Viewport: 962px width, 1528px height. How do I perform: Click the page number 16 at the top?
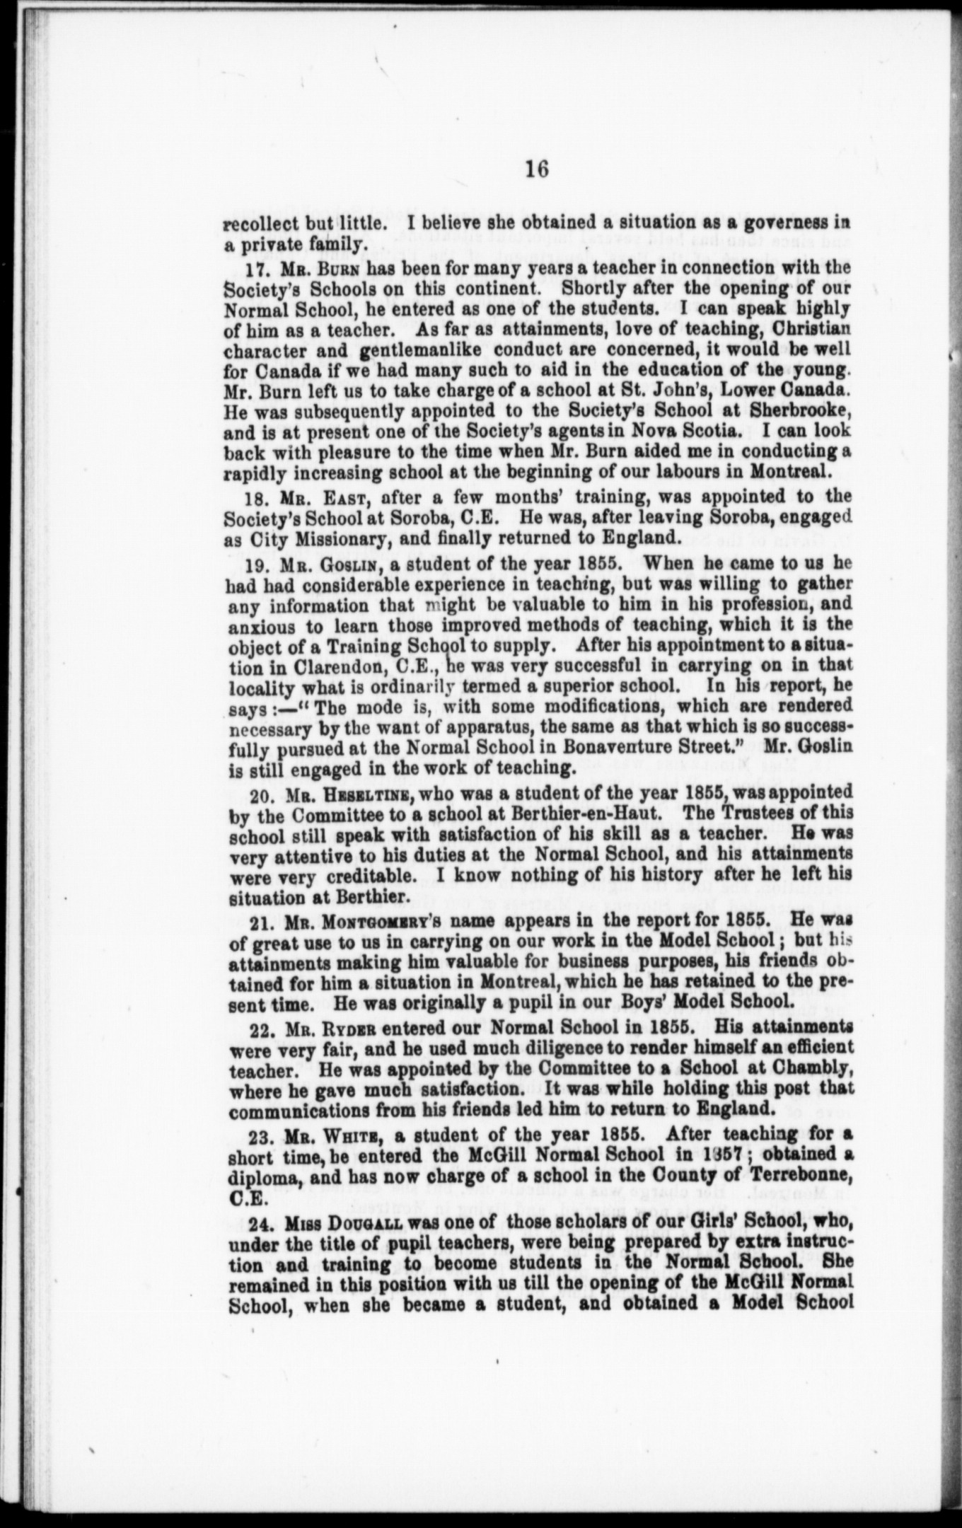(537, 170)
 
